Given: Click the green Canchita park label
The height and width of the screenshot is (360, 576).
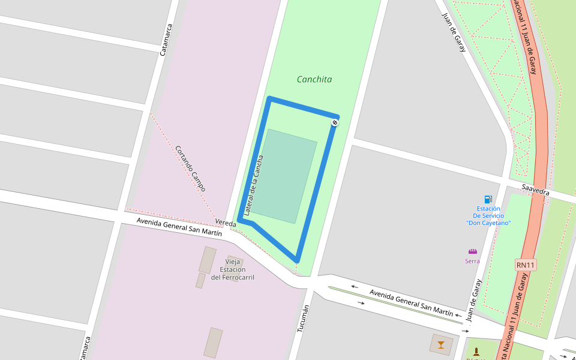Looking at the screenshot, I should click(x=314, y=79).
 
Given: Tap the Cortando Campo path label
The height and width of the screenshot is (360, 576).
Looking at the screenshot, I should click(x=190, y=169).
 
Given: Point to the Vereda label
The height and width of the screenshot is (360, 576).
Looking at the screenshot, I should click(x=226, y=223).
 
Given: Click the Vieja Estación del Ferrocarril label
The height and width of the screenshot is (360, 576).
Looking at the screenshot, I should click(x=233, y=269).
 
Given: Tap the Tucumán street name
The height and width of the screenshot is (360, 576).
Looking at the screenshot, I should click(x=303, y=318).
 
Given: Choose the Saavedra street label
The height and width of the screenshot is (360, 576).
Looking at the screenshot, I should click(x=535, y=190).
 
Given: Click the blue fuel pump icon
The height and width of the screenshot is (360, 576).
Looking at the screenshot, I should click(x=488, y=199).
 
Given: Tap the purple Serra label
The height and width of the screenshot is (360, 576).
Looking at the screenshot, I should click(x=472, y=261).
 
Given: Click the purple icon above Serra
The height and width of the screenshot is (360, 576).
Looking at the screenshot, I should click(x=473, y=251).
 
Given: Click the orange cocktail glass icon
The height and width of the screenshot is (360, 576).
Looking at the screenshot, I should click(x=441, y=344).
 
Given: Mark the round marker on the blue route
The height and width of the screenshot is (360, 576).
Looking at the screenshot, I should click(x=335, y=123).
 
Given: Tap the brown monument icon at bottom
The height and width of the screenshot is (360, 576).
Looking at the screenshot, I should click(x=476, y=352).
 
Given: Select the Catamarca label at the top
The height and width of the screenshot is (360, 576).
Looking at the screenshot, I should click(x=166, y=40).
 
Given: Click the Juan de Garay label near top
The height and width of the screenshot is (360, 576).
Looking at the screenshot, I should click(x=454, y=32).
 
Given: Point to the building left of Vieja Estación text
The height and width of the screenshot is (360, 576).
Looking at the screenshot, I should click(x=208, y=260).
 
